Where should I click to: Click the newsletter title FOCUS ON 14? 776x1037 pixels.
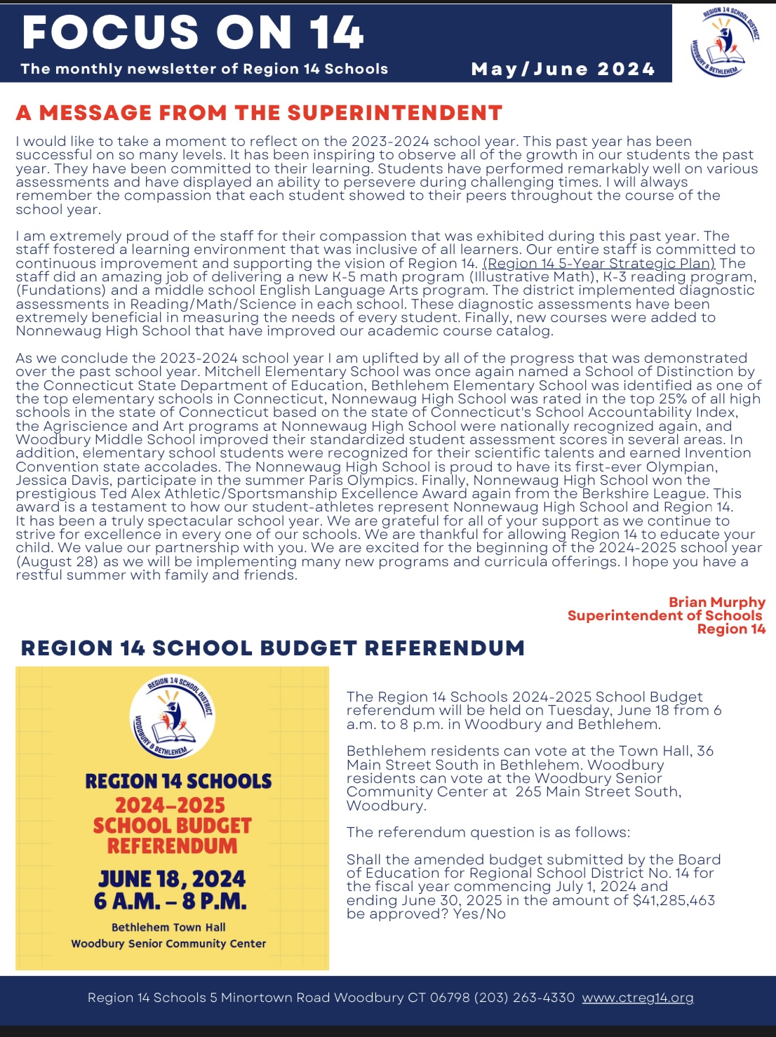[193, 32]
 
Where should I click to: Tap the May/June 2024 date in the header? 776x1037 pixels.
[563, 69]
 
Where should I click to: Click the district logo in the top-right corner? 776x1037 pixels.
[724, 42]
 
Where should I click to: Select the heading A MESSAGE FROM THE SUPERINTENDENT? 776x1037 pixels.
[259, 113]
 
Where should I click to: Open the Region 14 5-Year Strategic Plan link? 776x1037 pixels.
[598, 263]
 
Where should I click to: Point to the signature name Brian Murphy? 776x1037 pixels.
[716, 602]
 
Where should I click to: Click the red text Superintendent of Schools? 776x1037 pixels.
[664, 615]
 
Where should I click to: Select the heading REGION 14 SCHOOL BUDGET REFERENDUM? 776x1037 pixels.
[272, 648]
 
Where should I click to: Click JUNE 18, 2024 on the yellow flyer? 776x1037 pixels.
[172, 878]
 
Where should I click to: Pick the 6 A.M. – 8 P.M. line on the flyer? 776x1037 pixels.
[170, 901]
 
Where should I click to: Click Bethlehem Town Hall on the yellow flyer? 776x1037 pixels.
[168, 927]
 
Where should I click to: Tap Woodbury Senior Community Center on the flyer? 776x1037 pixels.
[168, 944]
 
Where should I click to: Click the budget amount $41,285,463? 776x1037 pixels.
[674, 900]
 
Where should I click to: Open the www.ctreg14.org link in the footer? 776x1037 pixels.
[637, 997]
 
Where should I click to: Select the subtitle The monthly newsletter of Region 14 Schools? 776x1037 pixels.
[204, 69]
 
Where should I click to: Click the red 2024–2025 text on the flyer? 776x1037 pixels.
[170, 805]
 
